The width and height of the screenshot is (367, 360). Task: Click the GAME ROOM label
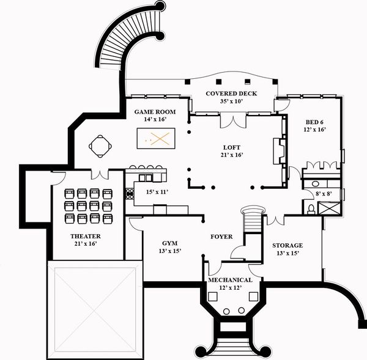point(155,112)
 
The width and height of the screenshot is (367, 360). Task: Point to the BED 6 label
point(314,122)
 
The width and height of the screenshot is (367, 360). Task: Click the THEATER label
point(86,236)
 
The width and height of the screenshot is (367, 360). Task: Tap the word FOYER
point(221,236)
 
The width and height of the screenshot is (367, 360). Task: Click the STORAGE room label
point(287,245)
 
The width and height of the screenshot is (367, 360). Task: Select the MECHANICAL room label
point(231,280)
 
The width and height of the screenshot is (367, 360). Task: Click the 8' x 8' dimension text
point(323,194)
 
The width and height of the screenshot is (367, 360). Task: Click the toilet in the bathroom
point(311,208)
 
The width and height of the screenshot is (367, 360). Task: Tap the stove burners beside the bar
point(130,194)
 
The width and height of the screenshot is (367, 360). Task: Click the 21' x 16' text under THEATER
point(86,244)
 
